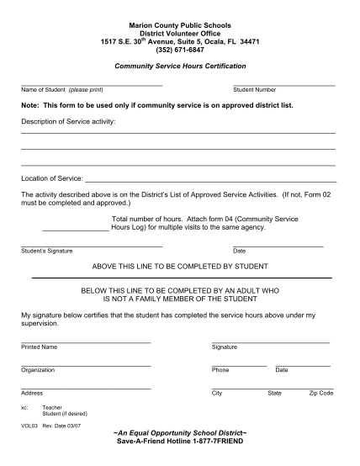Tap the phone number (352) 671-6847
[180, 48]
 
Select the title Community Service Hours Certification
[180, 65]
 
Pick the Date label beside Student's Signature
[239, 251]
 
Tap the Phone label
[220, 370]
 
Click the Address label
[32, 393]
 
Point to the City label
[217, 393]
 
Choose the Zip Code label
[321, 393]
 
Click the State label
[274, 393]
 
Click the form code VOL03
[29, 427]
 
